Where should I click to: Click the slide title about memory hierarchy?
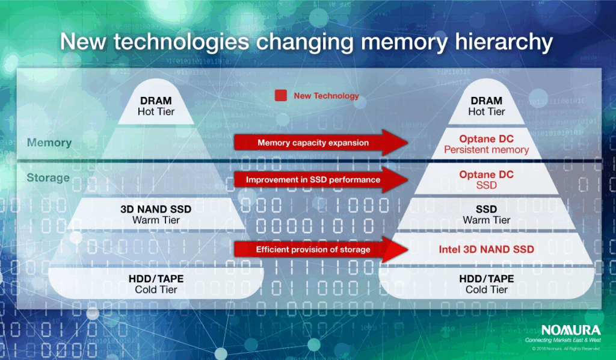tap(307, 43)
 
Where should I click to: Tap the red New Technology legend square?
tap(280, 96)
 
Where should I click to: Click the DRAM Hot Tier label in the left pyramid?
tap(156, 106)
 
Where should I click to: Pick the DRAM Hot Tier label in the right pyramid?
tap(486, 106)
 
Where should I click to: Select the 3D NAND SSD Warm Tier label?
tap(156, 214)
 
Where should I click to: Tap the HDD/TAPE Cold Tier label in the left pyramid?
tap(156, 284)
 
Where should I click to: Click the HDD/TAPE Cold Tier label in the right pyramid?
tap(486, 284)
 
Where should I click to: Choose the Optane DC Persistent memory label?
tap(486, 144)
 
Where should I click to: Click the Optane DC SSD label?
tap(486, 179)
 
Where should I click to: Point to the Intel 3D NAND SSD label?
tap(486, 249)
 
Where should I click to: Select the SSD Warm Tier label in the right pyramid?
tap(486, 214)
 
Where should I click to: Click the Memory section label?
tap(49, 143)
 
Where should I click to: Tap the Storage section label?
tap(48, 178)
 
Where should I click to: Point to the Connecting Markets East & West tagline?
tap(562, 341)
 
